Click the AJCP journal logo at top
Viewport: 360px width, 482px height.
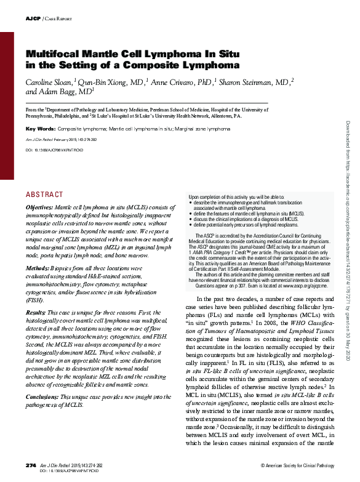(x=32, y=19)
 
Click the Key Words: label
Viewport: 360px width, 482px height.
(x=40, y=129)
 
